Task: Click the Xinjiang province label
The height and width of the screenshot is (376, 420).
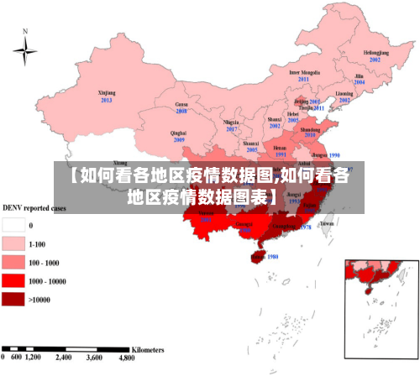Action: coord(107,93)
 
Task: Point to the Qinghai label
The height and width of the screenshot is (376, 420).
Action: coord(178,133)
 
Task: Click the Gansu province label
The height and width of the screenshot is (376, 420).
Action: coord(181,103)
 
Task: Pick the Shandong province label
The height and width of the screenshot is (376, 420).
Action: coord(310,130)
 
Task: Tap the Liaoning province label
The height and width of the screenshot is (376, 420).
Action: coord(344,93)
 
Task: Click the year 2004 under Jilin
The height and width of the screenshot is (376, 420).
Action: coord(359,82)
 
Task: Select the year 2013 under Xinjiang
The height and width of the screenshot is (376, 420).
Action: coord(107,100)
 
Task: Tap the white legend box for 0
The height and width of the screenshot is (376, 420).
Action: coord(13,225)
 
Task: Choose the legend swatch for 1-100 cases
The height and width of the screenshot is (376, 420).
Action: coord(13,243)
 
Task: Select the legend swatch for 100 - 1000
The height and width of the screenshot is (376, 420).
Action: coord(13,262)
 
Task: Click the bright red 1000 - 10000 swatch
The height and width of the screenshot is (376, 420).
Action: coord(13,280)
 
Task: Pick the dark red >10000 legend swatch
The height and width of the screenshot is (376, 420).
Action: coord(13,299)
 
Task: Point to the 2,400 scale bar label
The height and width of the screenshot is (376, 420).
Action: coord(64,358)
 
